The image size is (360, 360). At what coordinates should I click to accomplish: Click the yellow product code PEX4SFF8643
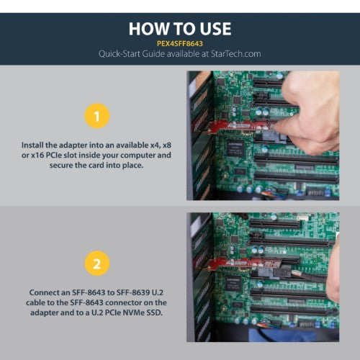click(179, 42)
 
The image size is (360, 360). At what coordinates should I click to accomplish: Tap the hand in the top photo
click(310, 108)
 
